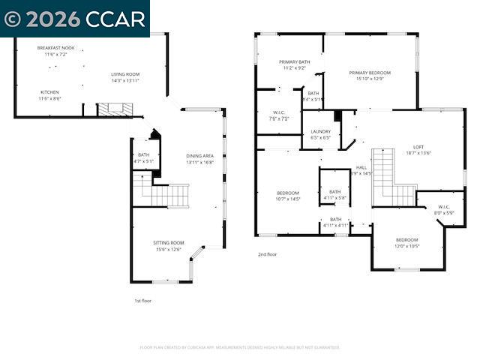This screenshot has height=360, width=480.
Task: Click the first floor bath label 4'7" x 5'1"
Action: [x=143, y=157]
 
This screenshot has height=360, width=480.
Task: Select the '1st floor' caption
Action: [x=142, y=300]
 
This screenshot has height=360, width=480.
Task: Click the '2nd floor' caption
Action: [x=267, y=254]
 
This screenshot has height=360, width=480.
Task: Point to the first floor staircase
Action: [x=161, y=191]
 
